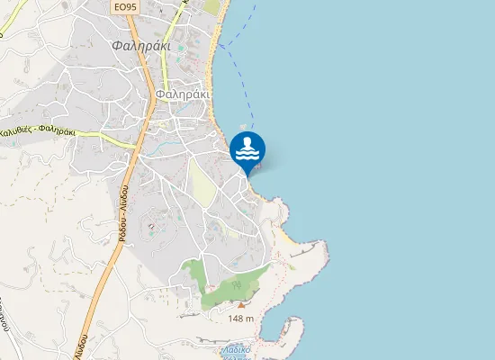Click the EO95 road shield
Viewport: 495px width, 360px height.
coord(126,6)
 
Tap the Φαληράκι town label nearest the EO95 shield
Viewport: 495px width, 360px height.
coord(136,44)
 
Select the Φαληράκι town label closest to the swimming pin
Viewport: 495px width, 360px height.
coord(182,94)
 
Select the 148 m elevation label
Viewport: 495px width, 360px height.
coord(240,319)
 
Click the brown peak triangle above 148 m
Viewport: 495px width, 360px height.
coord(240,306)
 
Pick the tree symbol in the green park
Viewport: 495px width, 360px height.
coord(235,284)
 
